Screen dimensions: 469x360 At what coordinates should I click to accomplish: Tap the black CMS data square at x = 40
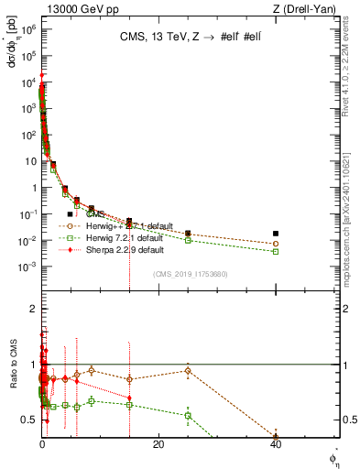tap(276, 234)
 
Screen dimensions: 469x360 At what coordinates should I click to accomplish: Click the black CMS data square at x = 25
tap(188, 234)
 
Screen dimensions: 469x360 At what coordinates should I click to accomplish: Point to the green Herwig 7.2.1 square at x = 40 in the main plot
tap(276, 251)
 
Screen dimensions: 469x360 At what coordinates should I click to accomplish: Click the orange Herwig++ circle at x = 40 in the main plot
tap(276, 244)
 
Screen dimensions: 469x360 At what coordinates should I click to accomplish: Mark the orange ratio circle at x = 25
tap(188, 371)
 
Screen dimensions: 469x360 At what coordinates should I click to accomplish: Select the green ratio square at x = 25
tap(188, 415)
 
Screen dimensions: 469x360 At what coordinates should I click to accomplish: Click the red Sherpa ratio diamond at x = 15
tap(129, 398)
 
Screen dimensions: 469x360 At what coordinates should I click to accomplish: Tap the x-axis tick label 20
tap(158, 444)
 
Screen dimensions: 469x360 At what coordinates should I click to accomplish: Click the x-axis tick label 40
tap(276, 444)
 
